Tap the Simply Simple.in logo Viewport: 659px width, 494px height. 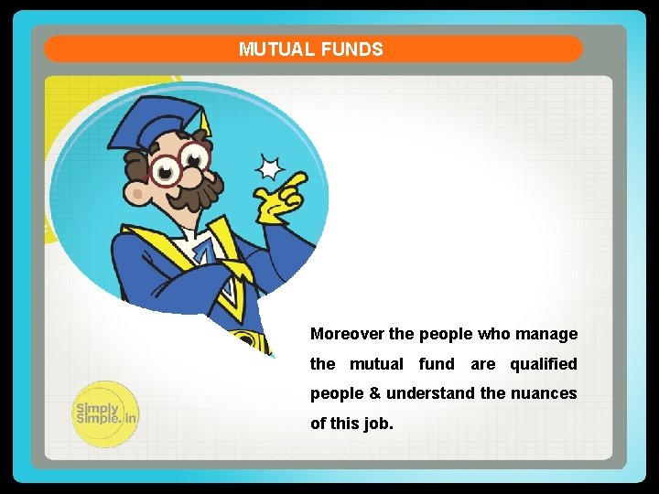point(105,413)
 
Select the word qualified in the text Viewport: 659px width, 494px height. point(544,364)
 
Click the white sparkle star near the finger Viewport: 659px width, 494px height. point(268,168)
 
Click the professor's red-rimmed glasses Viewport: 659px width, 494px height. point(178,165)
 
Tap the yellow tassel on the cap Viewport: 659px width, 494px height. point(205,123)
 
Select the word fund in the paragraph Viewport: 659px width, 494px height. point(437,364)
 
